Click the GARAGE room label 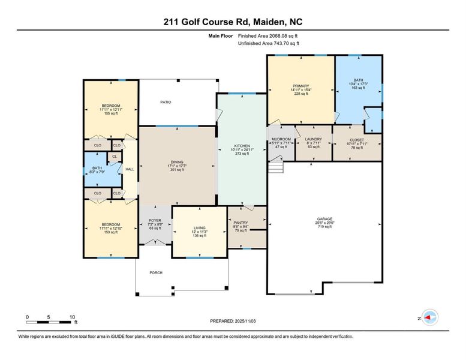(325, 218)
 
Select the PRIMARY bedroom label (300, 86)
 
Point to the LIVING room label (199, 227)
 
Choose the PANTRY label (240, 222)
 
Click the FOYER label (155, 221)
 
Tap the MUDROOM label (281, 139)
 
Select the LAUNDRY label (314, 139)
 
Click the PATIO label (166, 102)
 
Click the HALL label (130, 169)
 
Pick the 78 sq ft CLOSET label (357, 139)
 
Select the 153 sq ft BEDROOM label (110, 224)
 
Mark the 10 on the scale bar (71, 316)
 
